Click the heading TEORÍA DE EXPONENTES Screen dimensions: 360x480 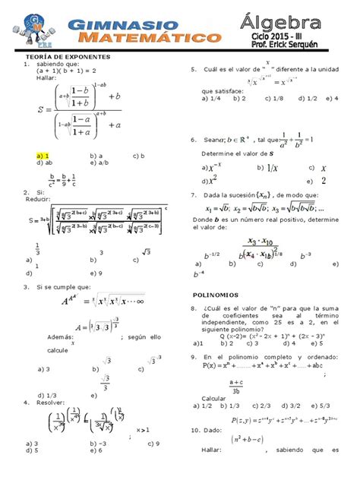tap(68, 57)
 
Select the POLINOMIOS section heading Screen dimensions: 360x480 tap(216, 294)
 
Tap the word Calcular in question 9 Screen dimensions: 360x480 tap(213, 398)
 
